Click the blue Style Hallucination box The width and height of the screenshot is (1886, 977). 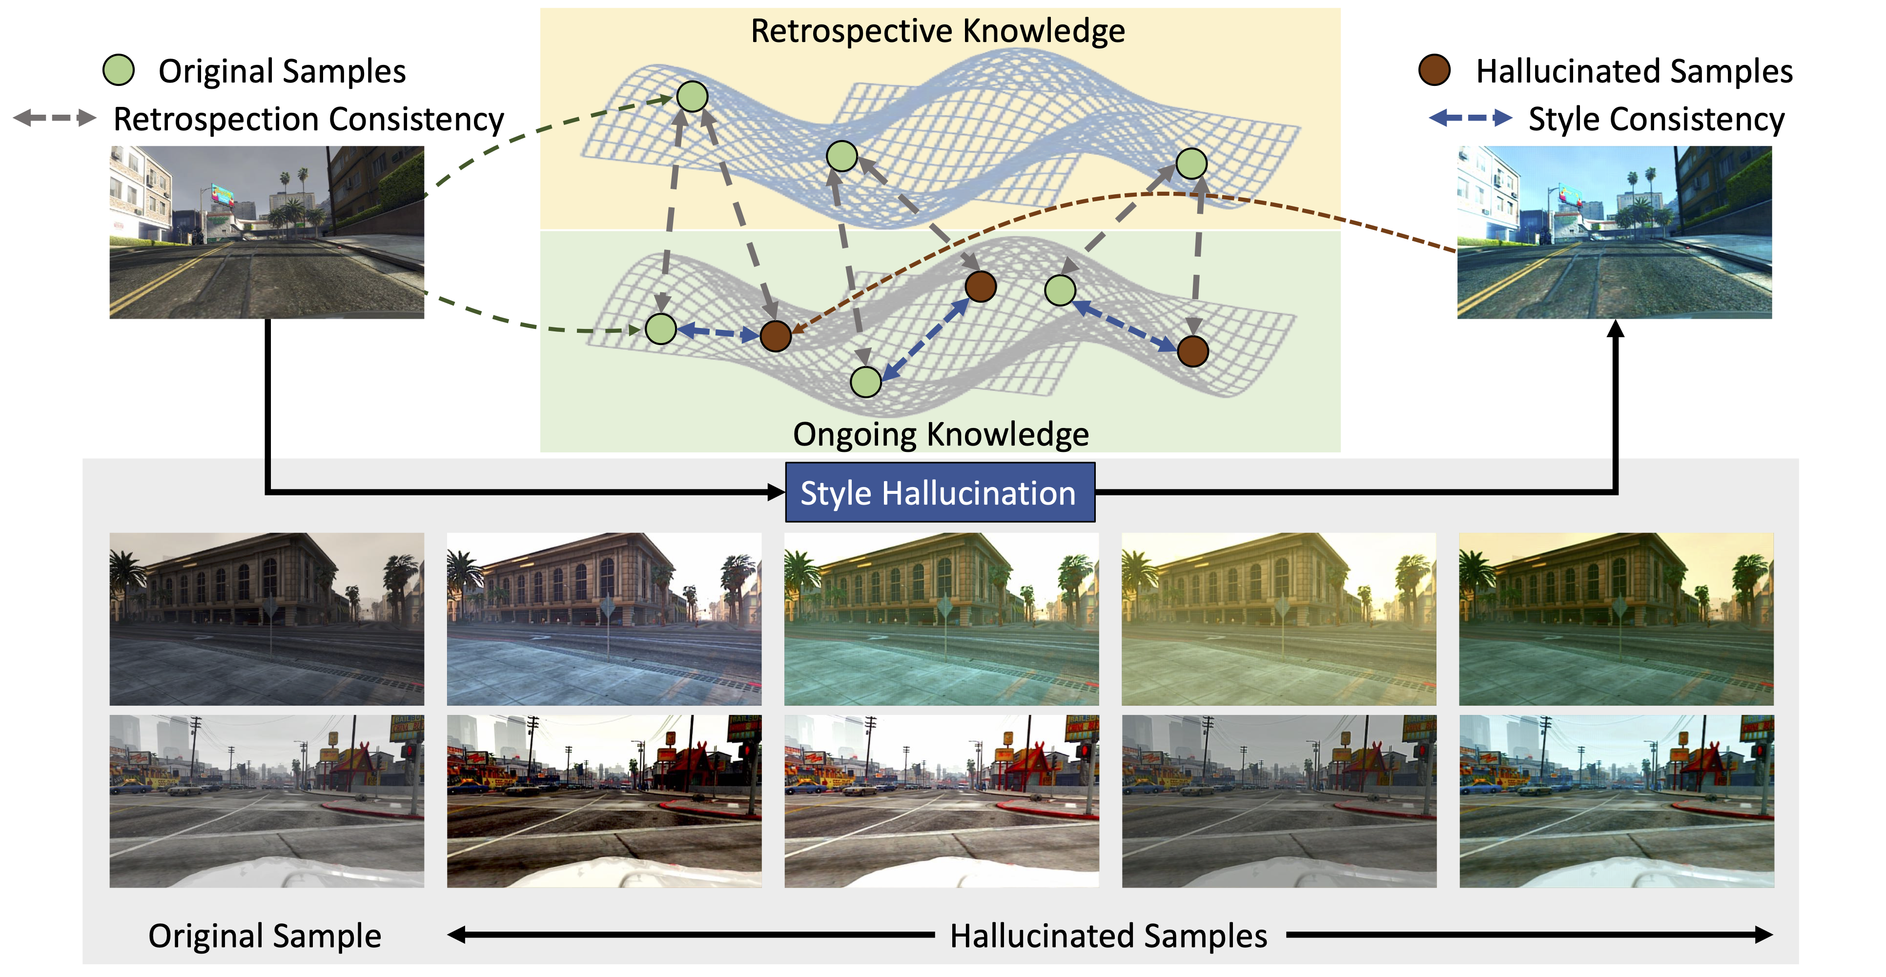click(x=939, y=492)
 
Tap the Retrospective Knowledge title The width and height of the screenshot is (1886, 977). click(x=938, y=31)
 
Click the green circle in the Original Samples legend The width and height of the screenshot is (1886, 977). click(x=119, y=70)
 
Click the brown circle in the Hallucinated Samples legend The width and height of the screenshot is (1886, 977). click(x=1434, y=70)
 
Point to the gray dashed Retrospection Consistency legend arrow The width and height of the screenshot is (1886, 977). click(x=55, y=118)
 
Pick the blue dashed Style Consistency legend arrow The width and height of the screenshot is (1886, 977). click(x=1470, y=118)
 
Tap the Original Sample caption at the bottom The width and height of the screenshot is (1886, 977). click(x=265, y=936)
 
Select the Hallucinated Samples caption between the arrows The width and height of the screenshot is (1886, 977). click(x=1108, y=936)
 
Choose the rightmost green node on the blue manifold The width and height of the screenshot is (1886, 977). click(x=1191, y=163)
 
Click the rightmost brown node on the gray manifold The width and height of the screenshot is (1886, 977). click(x=1193, y=351)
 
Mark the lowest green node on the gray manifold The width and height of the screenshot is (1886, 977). click(x=865, y=382)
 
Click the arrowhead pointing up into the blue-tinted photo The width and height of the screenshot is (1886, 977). click(x=1615, y=329)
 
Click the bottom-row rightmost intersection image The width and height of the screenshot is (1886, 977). click(x=1617, y=801)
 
